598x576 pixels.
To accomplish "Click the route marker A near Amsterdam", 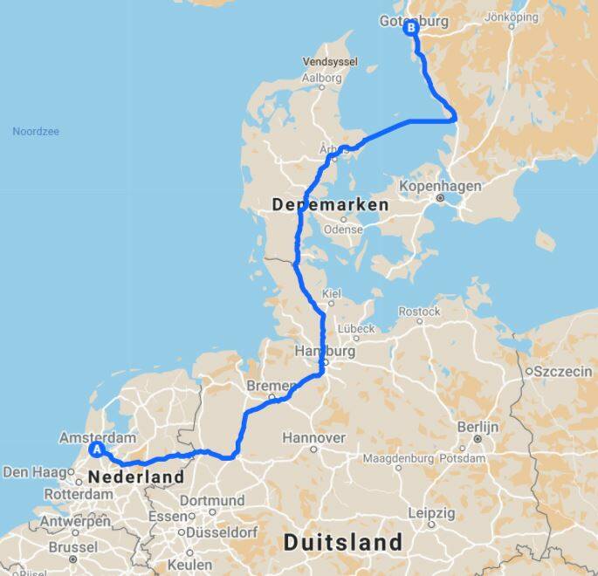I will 97,449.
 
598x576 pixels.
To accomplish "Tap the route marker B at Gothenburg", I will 410,28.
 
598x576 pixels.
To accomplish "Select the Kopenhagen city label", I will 439,187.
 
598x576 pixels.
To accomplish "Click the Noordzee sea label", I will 36,132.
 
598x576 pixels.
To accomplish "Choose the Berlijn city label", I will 478,427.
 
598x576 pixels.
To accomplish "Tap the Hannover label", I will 313,437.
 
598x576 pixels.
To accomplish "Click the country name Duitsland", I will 343,543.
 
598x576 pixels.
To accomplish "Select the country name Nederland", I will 135,477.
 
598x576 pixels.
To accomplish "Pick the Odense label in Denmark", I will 342,230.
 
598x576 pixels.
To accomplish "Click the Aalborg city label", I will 321,78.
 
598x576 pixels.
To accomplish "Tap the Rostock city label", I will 419,312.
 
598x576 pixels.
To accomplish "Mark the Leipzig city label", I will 430,512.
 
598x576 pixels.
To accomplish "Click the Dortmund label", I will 214,501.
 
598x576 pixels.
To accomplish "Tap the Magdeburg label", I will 398,458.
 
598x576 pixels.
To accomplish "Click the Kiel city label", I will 332,294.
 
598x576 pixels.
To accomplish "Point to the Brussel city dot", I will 72,559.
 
